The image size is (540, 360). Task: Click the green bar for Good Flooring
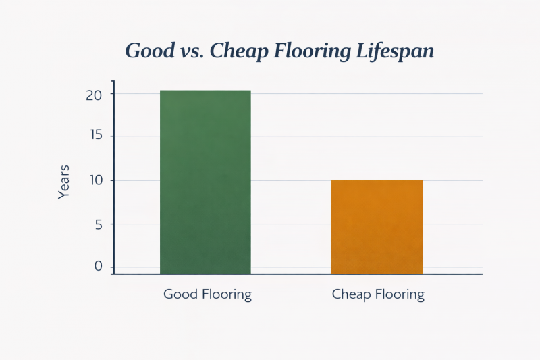click(205, 182)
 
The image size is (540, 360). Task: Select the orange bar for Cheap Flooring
click(377, 227)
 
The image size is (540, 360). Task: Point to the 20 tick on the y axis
click(94, 95)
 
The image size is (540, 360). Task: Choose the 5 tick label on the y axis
click(98, 224)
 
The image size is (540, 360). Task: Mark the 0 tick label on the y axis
click(98, 267)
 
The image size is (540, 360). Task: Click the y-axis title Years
click(64, 181)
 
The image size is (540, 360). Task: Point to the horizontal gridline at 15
click(364, 136)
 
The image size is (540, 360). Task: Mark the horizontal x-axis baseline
click(297, 274)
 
